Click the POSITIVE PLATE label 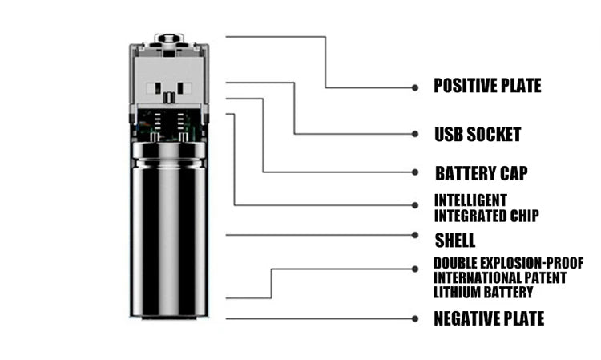487,86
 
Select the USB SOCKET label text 478,134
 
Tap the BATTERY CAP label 481,173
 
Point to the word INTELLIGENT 470,200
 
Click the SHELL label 454,240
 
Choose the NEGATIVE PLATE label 488,318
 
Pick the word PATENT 545,277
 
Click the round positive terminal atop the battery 169,38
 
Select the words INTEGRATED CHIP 486,215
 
